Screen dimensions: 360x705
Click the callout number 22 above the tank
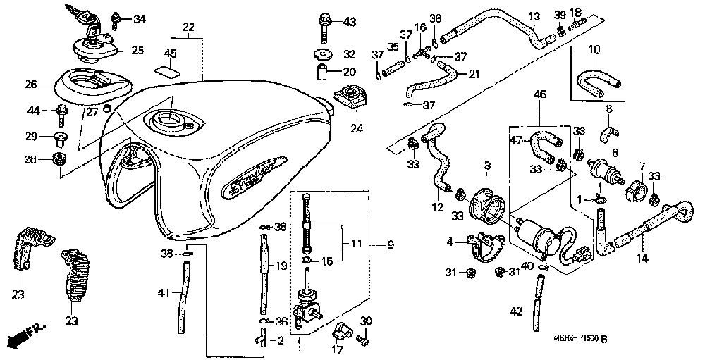click(x=188, y=27)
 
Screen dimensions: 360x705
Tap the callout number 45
click(x=170, y=54)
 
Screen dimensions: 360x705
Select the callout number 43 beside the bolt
click(x=350, y=23)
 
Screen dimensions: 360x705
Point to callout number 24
click(x=355, y=129)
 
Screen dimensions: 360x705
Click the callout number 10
click(x=594, y=50)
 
